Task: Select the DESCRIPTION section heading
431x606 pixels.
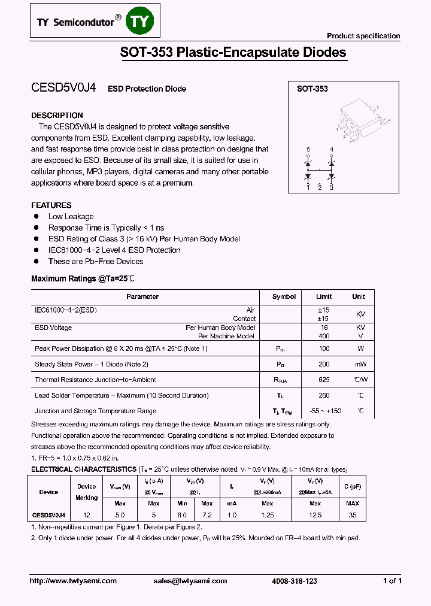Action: pyautogui.click(x=57, y=115)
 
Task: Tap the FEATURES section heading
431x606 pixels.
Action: pyautogui.click(x=51, y=205)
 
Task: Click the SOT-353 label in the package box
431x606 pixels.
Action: pyautogui.click(x=312, y=89)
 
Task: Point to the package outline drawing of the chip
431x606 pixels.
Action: pyautogui.click(x=359, y=119)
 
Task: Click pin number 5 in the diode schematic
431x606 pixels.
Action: pyautogui.click(x=308, y=149)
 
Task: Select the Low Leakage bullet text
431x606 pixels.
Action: pyautogui.click(x=71, y=216)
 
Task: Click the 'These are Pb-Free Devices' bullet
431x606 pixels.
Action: pyautogui.click(x=96, y=261)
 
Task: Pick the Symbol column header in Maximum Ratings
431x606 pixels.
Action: pyautogui.click(x=284, y=296)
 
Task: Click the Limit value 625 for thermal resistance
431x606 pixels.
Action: pyautogui.click(x=324, y=380)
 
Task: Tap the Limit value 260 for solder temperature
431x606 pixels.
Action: pyautogui.click(x=324, y=395)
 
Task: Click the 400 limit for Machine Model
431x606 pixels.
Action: pyautogui.click(x=324, y=336)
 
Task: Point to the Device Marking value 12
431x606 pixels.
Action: pyautogui.click(x=86, y=515)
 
